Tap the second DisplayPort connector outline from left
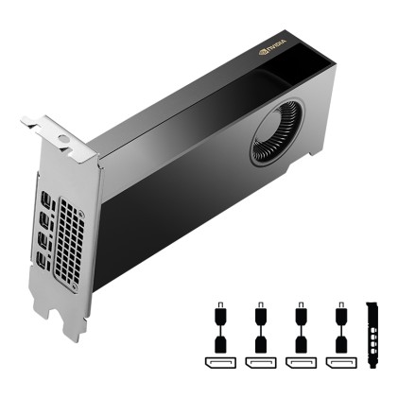click(x=259, y=361)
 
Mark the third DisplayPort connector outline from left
click(x=301, y=361)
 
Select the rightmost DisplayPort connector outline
click(x=340, y=361)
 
